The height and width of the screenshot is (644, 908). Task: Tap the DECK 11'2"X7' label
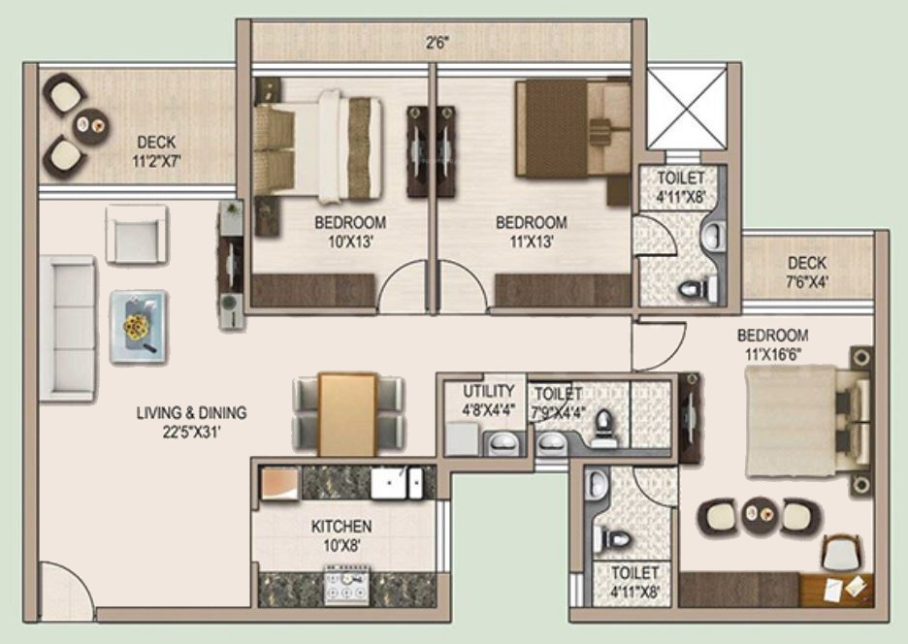pyautogui.click(x=156, y=151)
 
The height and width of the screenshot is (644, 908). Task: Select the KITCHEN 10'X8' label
pyautogui.click(x=341, y=535)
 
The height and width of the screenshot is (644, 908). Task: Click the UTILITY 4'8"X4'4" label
pyautogui.click(x=488, y=401)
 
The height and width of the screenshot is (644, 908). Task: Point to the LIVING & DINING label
pyautogui.click(x=191, y=421)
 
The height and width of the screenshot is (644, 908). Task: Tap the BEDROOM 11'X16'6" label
pyautogui.click(x=772, y=344)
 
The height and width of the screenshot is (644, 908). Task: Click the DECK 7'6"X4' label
pyautogui.click(x=807, y=273)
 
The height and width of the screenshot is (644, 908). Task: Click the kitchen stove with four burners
pyautogui.click(x=346, y=588)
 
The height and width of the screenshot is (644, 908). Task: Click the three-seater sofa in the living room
pyautogui.click(x=68, y=328)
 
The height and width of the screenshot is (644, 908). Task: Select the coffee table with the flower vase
pyautogui.click(x=138, y=327)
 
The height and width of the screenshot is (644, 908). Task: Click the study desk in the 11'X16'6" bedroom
pyautogui.click(x=836, y=588)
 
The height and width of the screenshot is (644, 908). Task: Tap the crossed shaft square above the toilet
pyautogui.click(x=687, y=108)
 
